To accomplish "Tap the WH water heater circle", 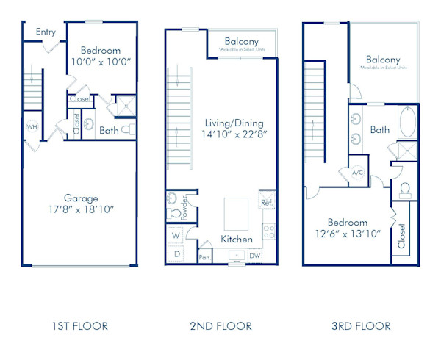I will [x=32, y=126].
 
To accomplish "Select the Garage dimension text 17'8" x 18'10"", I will [x=81, y=209].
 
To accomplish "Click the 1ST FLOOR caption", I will [x=81, y=325].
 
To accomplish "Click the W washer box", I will [x=176, y=236].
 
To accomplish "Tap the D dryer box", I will [x=176, y=253].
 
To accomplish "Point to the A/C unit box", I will [x=358, y=173].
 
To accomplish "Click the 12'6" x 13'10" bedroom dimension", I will [x=348, y=234].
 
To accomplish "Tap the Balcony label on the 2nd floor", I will [x=242, y=41].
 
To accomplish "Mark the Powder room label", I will [x=184, y=208].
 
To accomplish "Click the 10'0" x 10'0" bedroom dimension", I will [x=101, y=62].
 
